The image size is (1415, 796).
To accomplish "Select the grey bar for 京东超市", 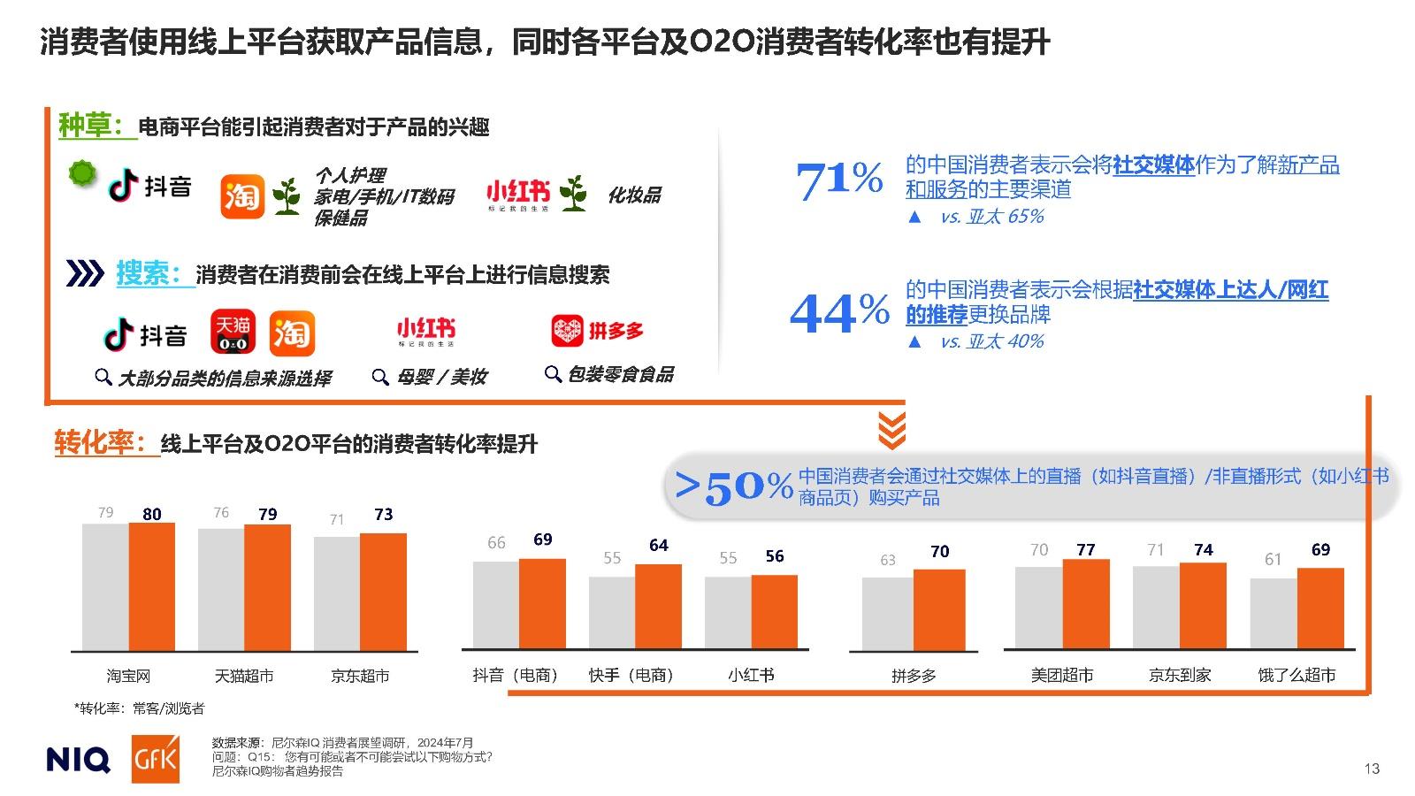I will (x=337, y=593).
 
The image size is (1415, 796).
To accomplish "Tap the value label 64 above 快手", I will (x=658, y=545).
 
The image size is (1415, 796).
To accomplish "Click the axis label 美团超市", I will (x=1062, y=676).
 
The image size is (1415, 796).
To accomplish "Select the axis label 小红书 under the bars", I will (x=751, y=676).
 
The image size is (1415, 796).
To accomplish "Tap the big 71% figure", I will (x=838, y=180).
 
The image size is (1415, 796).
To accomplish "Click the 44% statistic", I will (x=839, y=312).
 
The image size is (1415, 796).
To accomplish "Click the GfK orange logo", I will (x=156, y=759).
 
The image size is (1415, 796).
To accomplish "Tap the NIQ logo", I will (x=78, y=760).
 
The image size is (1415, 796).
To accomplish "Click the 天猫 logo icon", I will (x=233, y=332).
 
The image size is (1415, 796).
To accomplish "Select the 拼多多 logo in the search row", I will (x=597, y=331).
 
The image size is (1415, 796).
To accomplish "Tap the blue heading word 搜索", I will (x=148, y=273).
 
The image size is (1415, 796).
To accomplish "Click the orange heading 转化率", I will (x=98, y=442).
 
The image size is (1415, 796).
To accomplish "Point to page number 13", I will (x=1372, y=769).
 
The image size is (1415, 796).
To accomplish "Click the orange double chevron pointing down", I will (x=891, y=430).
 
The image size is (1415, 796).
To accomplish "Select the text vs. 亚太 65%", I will (x=991, y=217).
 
